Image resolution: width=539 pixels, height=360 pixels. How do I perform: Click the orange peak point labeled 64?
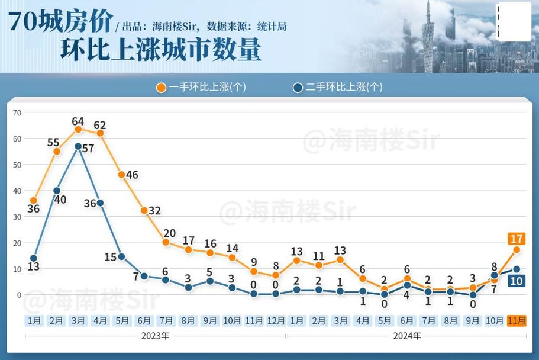point(78,129)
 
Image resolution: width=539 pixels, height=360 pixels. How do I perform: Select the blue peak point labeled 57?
point(78,146)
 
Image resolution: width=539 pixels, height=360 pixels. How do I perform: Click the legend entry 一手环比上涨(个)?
point(201,88)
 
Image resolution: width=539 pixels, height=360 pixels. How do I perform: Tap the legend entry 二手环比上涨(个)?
point(338,88)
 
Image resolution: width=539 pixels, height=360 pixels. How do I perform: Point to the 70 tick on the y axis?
point(17,112)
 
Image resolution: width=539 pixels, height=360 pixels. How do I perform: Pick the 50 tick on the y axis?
point(17,165)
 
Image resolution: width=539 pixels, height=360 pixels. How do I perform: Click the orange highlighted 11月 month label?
point(517,320)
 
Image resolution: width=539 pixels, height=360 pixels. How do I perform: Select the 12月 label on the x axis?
point(276,320)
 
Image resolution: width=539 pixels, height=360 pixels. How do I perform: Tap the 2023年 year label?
point(155,336)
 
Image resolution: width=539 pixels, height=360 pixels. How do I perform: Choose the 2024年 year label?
point(407,336)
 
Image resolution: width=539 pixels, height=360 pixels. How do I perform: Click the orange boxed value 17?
point(516,239)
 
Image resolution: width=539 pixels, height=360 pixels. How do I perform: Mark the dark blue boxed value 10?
point(516,281)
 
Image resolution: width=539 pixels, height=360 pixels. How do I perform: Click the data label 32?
point(154,211)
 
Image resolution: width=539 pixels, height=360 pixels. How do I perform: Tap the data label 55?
point(53,143)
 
